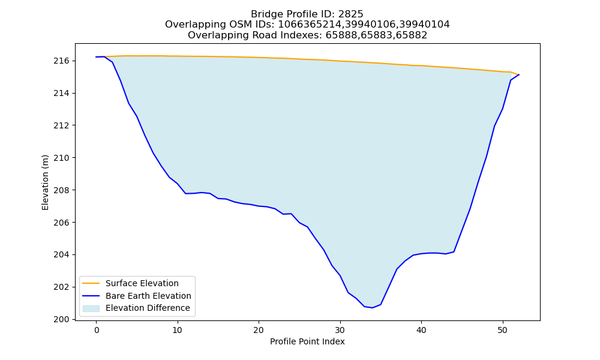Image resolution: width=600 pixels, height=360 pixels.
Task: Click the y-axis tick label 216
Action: point(61,61)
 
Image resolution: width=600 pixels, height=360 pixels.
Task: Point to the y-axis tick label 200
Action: point(61,319)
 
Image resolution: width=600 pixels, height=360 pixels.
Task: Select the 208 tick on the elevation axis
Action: point(61,190)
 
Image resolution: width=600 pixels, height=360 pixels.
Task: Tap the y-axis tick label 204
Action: point(61,255)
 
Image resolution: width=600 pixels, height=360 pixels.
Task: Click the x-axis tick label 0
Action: point(97,330)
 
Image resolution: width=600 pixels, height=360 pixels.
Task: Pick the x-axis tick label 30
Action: point(340,330)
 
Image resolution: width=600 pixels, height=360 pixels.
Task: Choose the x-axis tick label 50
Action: point(502,330)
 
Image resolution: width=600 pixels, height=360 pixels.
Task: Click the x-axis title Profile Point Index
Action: point(307,341)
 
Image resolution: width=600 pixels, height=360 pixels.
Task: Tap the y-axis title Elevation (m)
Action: point(45,182)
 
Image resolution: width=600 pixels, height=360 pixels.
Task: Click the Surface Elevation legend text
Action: point(142,283)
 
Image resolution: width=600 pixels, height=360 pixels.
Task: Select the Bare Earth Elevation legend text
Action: point(148,296)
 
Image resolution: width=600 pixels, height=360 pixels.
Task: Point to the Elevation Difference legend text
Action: point(148,308)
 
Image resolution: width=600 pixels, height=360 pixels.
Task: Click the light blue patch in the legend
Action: point(91,308)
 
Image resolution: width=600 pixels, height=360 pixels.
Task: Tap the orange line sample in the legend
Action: point(91,283)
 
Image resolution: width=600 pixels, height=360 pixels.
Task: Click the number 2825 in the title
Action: point(350,14)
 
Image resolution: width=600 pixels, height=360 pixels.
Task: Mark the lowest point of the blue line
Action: point(373,308)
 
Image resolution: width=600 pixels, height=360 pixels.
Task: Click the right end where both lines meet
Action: point(519,74)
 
